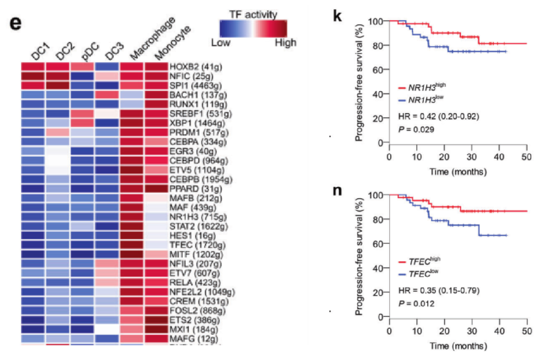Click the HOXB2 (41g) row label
[194, 67]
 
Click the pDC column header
[88, 51]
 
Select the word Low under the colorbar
[221, 43]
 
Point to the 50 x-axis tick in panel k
[527, 154]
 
